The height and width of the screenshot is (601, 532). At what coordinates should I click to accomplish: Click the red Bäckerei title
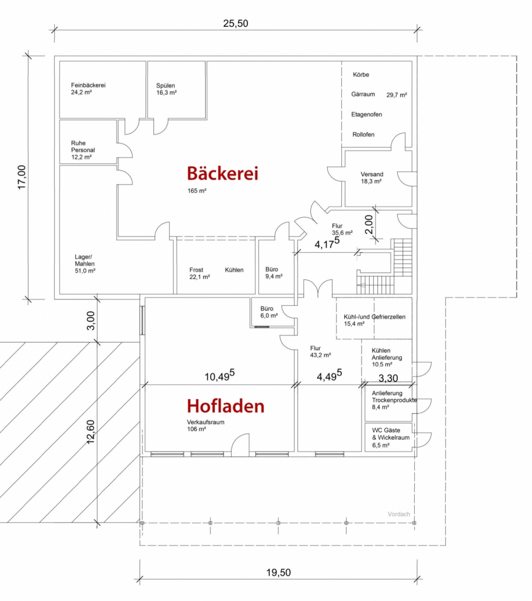click(x=222, y=173)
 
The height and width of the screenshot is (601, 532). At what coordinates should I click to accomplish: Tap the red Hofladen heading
click(x=225, y=406)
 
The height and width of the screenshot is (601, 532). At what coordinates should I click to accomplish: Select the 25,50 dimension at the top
click(x=235, y=23)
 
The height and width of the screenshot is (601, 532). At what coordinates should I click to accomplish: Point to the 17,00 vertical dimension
click(x=22, y=177)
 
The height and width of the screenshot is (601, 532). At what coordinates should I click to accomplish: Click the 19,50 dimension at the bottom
click(x=278, y=572)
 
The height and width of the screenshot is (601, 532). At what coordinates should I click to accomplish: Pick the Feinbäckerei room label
click(x=88, y=89)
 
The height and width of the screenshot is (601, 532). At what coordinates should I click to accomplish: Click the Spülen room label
click(x=166, y=89)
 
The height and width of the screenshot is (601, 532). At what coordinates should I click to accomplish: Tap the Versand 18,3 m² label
click(x=372, y=177)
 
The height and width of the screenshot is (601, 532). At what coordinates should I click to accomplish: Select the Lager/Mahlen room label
click(x=85, y=264)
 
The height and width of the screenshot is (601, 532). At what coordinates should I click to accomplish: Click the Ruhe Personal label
click(x=83, y=150)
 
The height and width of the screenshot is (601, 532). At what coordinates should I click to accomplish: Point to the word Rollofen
click(x=363, y=135)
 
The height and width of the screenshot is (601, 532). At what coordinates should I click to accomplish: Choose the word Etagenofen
click(x=366, y=114)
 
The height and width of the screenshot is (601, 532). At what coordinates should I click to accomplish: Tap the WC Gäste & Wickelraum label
click(x=391, y=438)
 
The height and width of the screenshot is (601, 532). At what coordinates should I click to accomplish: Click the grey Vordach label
click(x=398, y=514)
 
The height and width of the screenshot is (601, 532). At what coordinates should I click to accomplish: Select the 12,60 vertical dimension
click(x=90, y=432)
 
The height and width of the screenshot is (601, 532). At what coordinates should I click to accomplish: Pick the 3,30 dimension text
click(x=388, y=378)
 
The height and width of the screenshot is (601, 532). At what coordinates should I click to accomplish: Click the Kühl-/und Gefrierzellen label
click(x=374, y=320)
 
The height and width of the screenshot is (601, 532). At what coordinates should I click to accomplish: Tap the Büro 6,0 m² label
click(x=269, y=312)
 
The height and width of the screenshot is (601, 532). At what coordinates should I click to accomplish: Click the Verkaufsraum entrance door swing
click(x=240, y=445)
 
